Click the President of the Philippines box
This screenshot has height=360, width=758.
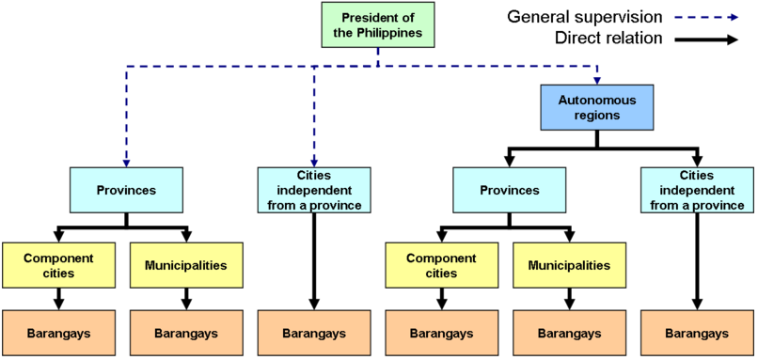click(377, 25)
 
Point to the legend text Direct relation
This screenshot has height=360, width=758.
click(608, 39)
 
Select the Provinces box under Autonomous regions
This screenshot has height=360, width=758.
click(509, 190)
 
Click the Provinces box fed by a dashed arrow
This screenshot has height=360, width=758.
click(126, 190)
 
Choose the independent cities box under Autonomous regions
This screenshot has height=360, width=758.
click(697, 190)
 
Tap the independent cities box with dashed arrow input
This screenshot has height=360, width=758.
click(314, 190)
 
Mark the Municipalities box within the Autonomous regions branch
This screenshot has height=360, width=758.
click(568, 265)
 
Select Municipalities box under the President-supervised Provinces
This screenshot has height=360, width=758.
click(185, 265)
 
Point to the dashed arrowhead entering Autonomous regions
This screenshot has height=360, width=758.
click(596, 79)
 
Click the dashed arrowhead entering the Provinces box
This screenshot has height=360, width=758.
click(126, 162)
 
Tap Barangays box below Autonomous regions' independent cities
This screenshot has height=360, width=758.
click(697, 334)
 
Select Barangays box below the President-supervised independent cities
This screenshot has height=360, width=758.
click(314, 334)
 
